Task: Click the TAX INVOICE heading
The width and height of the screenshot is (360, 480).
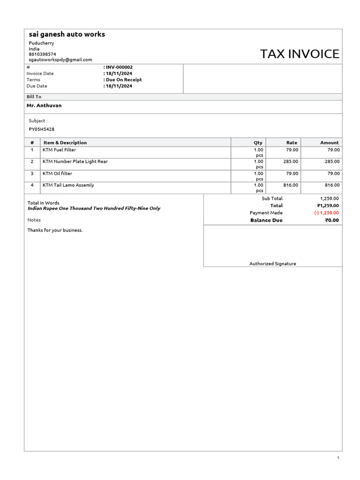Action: [x=300, y=54]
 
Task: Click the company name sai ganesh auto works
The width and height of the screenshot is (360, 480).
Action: [x=67, y=34]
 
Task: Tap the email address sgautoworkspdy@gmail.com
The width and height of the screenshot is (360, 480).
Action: [x=60, y=60]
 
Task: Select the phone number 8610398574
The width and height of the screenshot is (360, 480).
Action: [x=42, y=54]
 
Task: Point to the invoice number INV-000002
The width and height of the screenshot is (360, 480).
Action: [x=119, y=67]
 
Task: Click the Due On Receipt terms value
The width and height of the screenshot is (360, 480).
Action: [x=123, y=80]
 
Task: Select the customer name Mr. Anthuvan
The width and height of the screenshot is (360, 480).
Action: [x=44, y=105]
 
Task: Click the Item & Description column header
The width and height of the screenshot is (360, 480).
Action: [x=65, y=142]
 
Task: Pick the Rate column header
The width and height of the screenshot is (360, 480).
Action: [x=292, y=142]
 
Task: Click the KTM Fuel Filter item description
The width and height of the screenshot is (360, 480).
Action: [x=59, y=150]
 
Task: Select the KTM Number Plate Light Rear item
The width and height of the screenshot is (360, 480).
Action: [x=75, y=162]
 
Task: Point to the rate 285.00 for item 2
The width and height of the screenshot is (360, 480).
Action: [x=291, y=162]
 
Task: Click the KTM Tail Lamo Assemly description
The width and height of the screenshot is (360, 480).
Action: [x=68, y=185]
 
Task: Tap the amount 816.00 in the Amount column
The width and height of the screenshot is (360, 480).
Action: [x=331, y=185]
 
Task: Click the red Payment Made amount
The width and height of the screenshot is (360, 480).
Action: [x=326, y=213]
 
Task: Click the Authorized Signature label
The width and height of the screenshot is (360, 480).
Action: [x=272, y=264]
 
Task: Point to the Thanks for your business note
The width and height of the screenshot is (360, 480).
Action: [x=55, y=230]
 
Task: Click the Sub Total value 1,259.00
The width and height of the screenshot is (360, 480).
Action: [x=329, y=199]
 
